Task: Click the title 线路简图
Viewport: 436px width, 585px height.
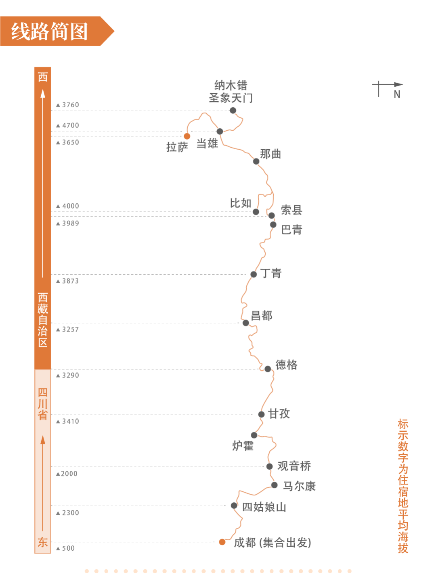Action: click(x=49, y=31)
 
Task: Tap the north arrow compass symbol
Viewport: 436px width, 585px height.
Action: click(x=387, y=88)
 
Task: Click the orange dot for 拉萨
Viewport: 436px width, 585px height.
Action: click(x=187, y=136)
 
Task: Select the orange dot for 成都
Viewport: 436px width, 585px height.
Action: click(x=222, y=542)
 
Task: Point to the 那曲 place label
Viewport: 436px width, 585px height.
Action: click(x=270, y=154)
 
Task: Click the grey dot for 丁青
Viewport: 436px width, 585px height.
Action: click(x=254, y=274)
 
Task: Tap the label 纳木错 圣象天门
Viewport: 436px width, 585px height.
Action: click(x=231, y=92)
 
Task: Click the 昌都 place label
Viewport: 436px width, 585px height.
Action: click(x=262, y=315)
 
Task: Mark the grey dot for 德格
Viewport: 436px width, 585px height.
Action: click(x=268, y=369)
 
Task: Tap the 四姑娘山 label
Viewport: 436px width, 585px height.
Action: click(x=264, y=507)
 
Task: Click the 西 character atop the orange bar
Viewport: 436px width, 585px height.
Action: click(x=43, y=77)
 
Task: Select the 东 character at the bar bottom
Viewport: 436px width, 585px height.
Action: click(x=43, y=542)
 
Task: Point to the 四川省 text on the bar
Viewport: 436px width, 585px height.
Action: click(x=43, y=404)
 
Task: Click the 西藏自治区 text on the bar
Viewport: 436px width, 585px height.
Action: click(x=43, y=320)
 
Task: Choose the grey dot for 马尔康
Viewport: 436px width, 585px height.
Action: click(x=275, y=485)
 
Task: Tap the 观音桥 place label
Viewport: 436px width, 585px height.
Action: click(x=294, y=466)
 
